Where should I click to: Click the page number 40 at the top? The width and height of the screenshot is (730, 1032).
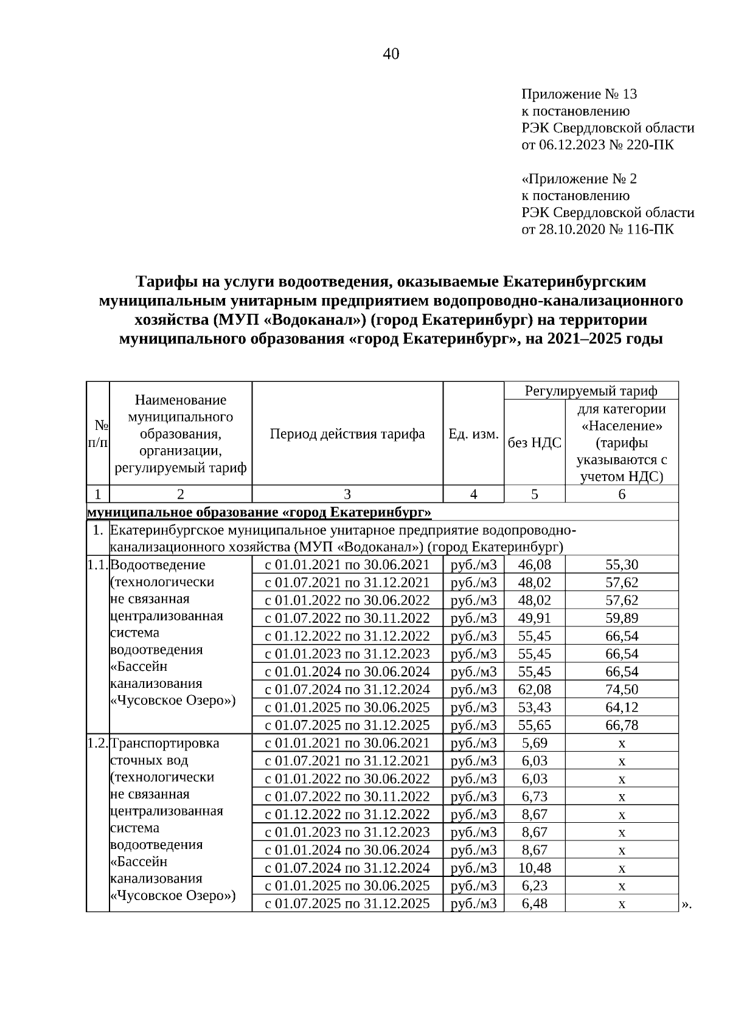click(391, 55)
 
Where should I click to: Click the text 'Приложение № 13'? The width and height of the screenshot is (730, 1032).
click(579, 94)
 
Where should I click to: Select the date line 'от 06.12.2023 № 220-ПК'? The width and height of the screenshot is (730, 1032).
click(597, 145)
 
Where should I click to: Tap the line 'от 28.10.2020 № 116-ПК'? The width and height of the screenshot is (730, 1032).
click(597, 229)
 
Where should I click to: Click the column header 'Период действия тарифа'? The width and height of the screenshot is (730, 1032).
click(347, 434)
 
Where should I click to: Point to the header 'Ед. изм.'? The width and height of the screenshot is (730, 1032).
click(473, 434)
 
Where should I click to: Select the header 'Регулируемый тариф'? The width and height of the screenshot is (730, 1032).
click(591, 390)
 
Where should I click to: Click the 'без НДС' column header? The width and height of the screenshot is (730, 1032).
click(534, 443)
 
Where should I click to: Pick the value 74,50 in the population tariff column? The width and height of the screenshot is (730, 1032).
click(622, 690)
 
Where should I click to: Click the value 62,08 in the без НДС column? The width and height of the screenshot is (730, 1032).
click(534, 690)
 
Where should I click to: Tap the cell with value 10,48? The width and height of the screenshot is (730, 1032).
click(534, 868)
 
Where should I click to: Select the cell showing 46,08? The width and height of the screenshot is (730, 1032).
click(534, 565)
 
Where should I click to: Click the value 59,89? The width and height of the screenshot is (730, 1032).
click(622, 618)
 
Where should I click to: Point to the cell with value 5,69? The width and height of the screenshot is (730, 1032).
click(534, 743)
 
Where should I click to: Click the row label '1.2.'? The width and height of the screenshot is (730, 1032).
click(97, 743)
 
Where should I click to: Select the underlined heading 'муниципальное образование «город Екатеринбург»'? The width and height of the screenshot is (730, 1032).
click(260, 513)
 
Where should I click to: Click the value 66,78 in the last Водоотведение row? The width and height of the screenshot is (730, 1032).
click(622, 725)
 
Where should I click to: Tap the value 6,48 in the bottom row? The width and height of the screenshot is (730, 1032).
click(534, 904)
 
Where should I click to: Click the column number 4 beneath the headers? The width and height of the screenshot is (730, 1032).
click(473, 494)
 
